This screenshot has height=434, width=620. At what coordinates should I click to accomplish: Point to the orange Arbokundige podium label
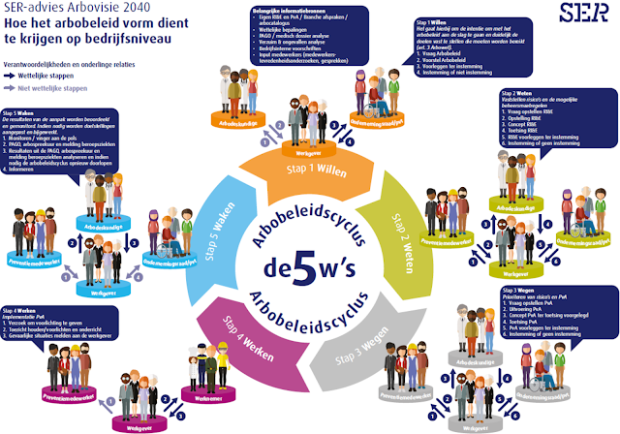pyautogui.click(x=234, y=124)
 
